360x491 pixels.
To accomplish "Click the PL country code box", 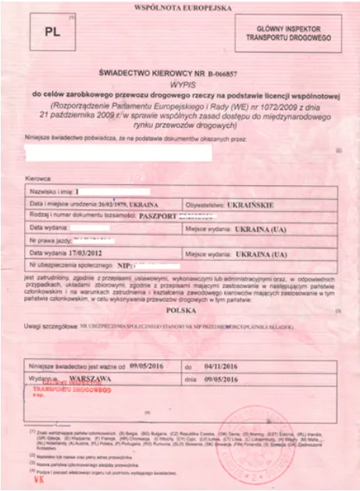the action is point(49,32).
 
